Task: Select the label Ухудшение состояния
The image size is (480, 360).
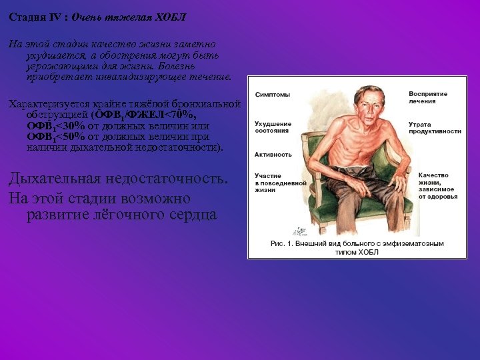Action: click(x=273, y=128)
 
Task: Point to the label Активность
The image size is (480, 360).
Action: click(x=273, y=154)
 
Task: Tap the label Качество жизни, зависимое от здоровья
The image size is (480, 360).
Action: click(x=437, y=186)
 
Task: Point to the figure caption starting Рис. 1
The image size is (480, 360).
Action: click(x=357, y=248)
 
